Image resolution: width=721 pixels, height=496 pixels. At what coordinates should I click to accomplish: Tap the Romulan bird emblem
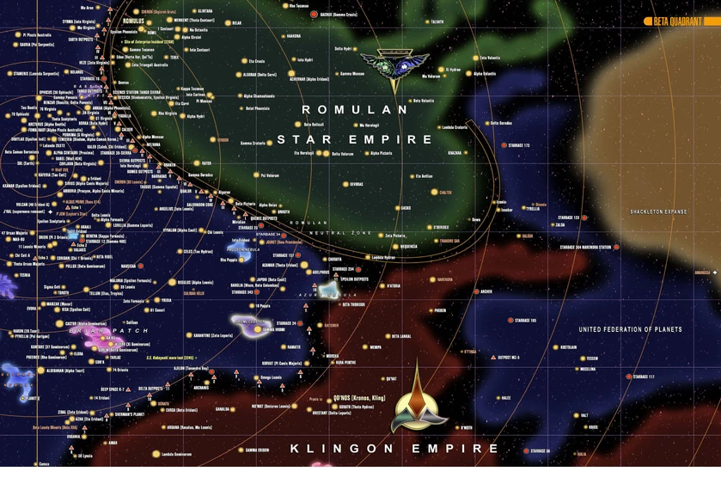394,65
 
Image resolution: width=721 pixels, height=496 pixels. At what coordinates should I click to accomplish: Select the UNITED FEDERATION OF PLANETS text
630,329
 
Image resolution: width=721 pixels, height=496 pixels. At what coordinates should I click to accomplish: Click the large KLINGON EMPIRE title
394,448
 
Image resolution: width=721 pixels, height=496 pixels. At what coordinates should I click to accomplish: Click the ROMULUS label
133,21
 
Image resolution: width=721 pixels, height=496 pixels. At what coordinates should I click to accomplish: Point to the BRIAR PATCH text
89,330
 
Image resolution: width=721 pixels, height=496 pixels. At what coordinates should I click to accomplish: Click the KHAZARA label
455,153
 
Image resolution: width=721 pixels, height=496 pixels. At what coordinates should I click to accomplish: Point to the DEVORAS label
357,183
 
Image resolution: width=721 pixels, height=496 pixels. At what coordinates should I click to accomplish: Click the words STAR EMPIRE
367,138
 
